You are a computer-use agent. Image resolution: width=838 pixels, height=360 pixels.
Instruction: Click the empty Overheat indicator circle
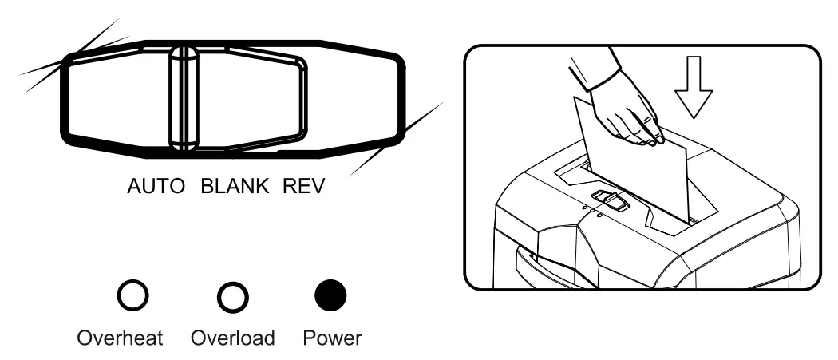132,297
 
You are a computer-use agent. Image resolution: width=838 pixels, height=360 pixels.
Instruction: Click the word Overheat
120,338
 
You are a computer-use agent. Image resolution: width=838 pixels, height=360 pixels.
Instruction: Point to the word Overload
233,338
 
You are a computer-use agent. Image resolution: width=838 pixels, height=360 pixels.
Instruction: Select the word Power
332,338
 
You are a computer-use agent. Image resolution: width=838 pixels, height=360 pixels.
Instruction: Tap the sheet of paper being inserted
638,176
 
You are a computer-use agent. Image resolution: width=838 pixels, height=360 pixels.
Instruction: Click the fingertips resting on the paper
657,140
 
